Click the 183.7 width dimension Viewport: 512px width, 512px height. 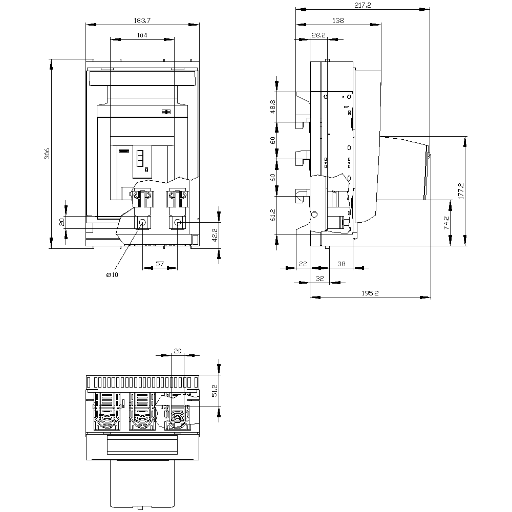click(x=142, y=20)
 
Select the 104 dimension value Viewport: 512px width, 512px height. click(x=142, y=35)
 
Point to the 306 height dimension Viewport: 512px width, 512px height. click(x=47, y=154)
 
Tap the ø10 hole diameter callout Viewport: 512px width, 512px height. click(x=112, y=275)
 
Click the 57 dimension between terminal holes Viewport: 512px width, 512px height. click(x=160, y=264)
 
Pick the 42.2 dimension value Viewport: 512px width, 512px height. click(x=215, y=235)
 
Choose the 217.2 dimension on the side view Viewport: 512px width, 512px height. click(x=362, y=5)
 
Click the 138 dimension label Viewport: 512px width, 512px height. click(x=338, y=20)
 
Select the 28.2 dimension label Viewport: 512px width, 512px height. click(x=318, y=35)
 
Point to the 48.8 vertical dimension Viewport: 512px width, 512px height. click(x=273, y=106)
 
